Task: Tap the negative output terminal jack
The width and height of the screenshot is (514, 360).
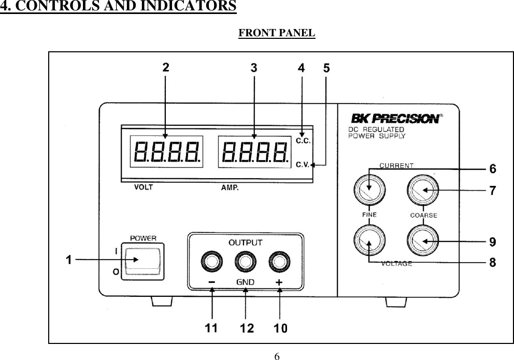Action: point(212,262)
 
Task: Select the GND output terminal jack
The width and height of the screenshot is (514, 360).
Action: point(245,262)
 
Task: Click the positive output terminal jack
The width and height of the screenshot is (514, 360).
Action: point(279,262)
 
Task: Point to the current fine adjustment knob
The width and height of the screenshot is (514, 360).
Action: point(369,190)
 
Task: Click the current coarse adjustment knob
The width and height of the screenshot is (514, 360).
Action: point(423,190)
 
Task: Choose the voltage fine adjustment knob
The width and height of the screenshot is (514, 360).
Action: point(369,241)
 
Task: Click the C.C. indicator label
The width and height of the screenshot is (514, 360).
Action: point(303,140)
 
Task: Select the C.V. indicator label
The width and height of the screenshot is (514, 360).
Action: point(303,165)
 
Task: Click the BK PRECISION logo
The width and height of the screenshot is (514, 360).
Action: point(397,119)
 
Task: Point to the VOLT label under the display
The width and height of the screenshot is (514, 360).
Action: point(144,188)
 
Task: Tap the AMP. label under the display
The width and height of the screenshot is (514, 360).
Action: point(230,188)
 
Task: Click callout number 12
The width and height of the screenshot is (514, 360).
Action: point(247,328)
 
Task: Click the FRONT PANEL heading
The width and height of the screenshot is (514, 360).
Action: point(276,33)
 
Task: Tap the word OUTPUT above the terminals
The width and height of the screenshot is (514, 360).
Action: point(246,242)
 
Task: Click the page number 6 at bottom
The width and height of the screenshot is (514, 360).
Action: point(277,356)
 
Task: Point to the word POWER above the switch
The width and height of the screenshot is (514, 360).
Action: point(143,239)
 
